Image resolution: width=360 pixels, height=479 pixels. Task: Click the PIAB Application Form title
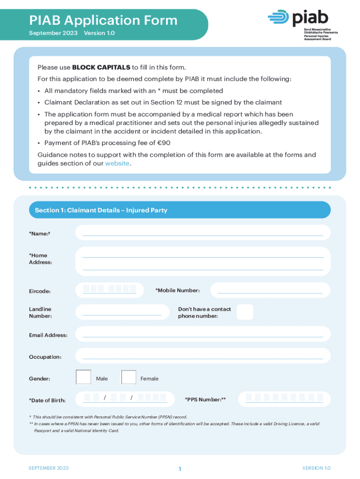pyautogui.click(x=103, y=21)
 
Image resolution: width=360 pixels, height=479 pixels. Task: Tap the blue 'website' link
pyautogui.click(x=117, y=163)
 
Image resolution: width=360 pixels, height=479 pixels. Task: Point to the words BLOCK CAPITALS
pyautogui.click(x=101, y=67)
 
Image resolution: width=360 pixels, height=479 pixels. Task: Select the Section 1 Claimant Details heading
pyautogui.click(x=101, y=210)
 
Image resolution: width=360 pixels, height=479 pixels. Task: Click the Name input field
pyautogui.click(x=202, y=232)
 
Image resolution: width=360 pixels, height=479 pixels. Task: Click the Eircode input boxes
pyautogui.click(x=109, y=290)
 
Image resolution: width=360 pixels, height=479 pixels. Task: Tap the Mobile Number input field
pyautogui.click(x=270, y=290)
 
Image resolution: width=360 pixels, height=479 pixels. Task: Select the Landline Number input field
pyautogui.click(x=122, y=312)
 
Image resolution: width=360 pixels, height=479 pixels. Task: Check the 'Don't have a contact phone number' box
pyautogui.click(x=245, y=312)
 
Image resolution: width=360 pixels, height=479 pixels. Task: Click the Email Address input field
pyautogui.click(x=202, y=334)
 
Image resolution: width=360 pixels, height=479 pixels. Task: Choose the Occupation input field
pyautogui.click(x=202, y=356)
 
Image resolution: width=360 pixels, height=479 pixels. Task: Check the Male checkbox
pyautogui.click(x=83, y=377)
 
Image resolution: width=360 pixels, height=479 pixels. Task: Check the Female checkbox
pyautogui.click(x=129, y=377)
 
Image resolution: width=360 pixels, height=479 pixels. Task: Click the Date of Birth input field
pyautogui.click(x=124, y=398)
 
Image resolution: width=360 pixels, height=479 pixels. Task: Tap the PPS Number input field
pyautogui.click(x=284, y=399)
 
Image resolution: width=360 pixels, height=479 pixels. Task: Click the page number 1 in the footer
pyautogui.click(x=180, y=469)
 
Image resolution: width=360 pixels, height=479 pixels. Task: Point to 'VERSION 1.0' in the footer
pyautogui.click(x=316, y=468)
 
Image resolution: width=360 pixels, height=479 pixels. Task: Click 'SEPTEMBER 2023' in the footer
pyautogui.click(x=49, y=468)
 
